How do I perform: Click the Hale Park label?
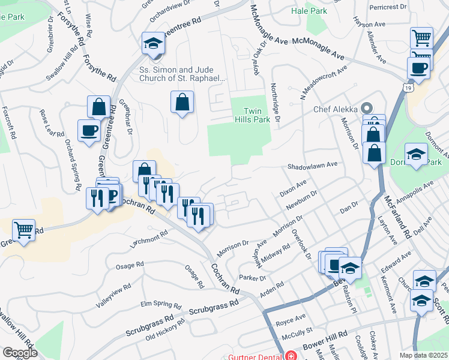pos(309,11)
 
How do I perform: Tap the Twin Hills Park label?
pos(256,115)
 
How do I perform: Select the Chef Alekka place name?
pos(336,109)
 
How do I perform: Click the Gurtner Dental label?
pos(255,356)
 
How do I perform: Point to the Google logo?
pos(20,353)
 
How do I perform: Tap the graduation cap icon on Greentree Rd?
pos(154,44)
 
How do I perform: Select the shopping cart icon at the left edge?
pos(23,229)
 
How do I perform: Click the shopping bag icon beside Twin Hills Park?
pos(182,103)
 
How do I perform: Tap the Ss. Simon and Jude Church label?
pos(182,74)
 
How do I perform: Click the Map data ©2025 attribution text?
pos(424,355)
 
